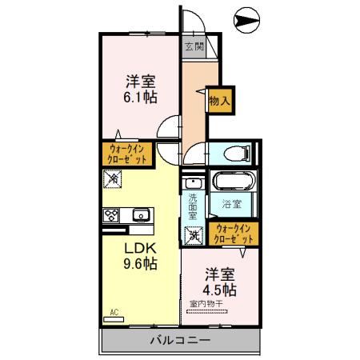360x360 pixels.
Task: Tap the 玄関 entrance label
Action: (x=194, y=46)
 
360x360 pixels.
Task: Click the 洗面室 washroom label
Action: (x=194, y=207)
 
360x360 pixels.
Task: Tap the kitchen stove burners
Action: (x=110, y=214)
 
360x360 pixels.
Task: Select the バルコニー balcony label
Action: (x=180, y=342)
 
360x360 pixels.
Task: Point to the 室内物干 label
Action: (x=207, y=304)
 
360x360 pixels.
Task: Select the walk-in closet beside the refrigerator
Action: (x=128, y=154)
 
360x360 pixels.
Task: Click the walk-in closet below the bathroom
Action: (x=234, y=234)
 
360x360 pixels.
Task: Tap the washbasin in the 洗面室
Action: (x=192, y=182)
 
